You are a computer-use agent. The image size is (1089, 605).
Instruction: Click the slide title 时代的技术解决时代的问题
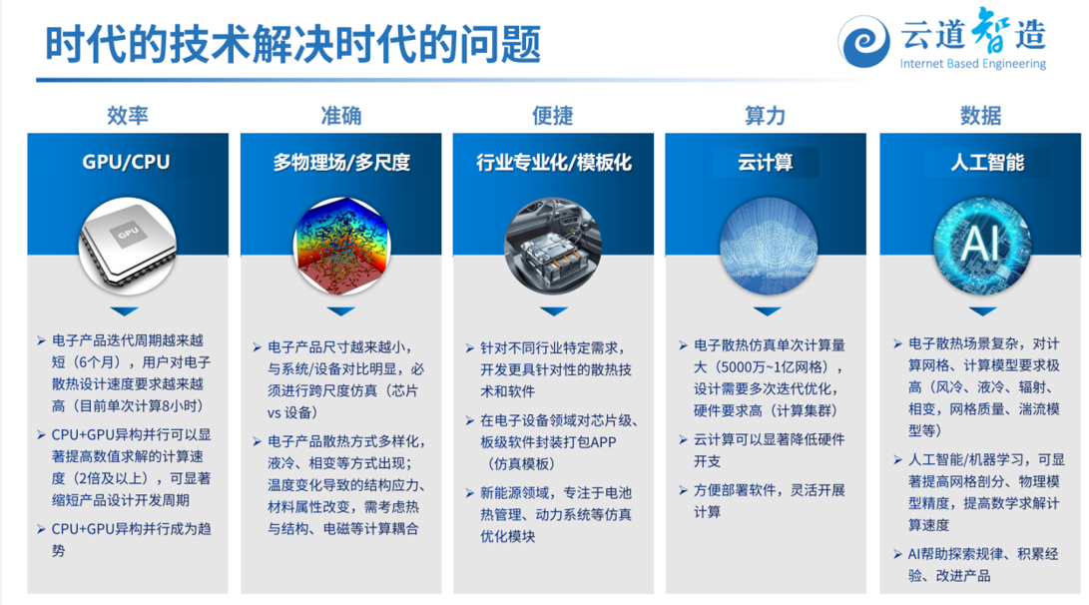pyautogui.click(x=292, y=45)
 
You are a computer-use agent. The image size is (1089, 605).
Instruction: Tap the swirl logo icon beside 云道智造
pyautogui.click(x=863, y=42)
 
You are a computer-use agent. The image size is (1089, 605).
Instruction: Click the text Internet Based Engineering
pyautogui.click(x=972, y=64)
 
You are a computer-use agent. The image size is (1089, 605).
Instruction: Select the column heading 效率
pyautogui.click(x=128, y=115)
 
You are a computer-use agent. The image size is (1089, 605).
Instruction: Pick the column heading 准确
pyautogui.click(x=341, y=115)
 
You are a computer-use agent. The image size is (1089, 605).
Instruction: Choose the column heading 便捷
pyautogui.click(x=553, y=115)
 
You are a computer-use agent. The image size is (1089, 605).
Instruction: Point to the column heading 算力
pyautogui.click(x=765, y=115)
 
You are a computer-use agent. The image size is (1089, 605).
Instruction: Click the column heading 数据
pyautogui.click(x=980, y=115)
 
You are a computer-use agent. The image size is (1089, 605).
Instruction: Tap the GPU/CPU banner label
pyautogui.click(x=126, y=162)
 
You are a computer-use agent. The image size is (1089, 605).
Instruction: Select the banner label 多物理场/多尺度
pyautogui.click(x=341, y=163)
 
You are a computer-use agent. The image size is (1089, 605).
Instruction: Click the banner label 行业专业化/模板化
pyautogui.click(x=554, y=163)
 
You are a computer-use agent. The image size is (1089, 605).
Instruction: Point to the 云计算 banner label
pyautogui.click(x=766, y=163)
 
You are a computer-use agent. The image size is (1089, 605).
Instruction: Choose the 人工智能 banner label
pyautogui.click(x=987, y=163)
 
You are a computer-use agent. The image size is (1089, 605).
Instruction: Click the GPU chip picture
pyautogui.click(x=127, y=246)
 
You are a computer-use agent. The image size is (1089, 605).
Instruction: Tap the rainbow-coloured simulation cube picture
pyautogui.click(x=341, y=246)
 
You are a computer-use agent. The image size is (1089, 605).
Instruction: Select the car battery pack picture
pyautogui.click(x=553, y=246)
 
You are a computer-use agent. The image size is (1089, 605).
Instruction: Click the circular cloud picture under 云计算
pyautogui.click(x=768, y=246)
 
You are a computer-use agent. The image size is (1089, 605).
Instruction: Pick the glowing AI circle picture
pyautogui.click(x=982, y=246)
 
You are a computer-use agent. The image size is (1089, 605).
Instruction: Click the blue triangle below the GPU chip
pyautogui.click(x=125, y=311)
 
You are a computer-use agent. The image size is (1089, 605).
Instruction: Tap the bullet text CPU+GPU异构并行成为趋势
pyautogui.click(x=131, y=540)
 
